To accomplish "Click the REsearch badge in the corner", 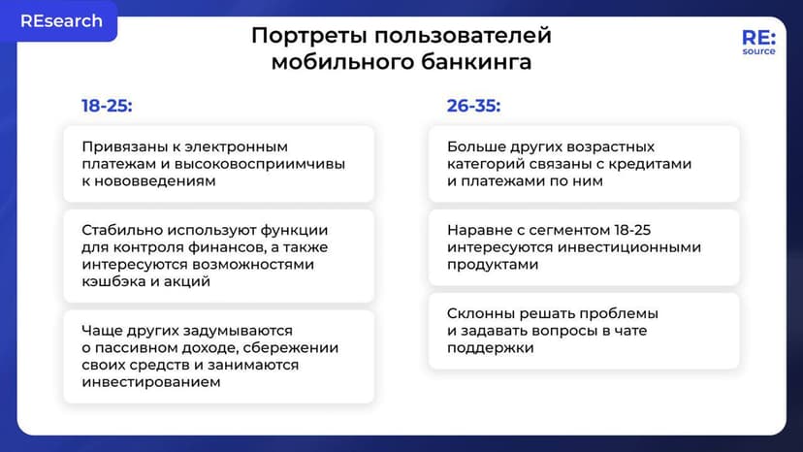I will (61, 21).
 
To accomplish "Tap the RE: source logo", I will (757, 42).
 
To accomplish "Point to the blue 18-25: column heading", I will (107, 106).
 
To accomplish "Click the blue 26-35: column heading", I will (473, 106).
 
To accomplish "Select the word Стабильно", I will (120, 230).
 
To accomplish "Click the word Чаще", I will (103, 331).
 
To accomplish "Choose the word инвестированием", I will (150, 382).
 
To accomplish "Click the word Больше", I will (473, 146).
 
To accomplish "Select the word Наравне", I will (478, 230).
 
